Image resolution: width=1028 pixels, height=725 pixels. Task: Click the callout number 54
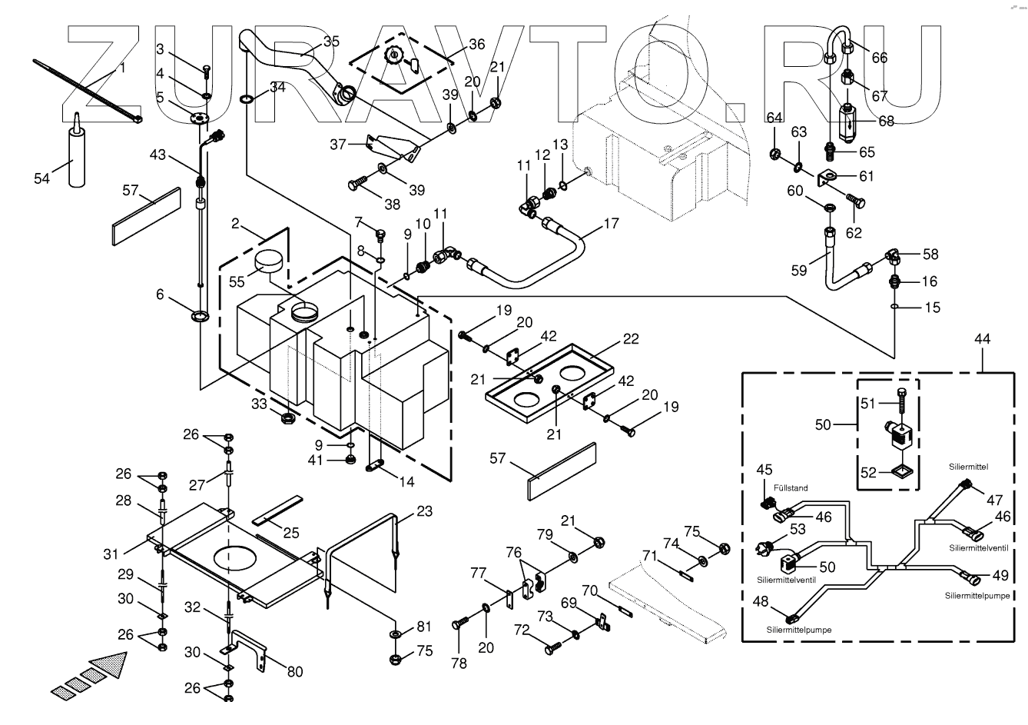point(42,178)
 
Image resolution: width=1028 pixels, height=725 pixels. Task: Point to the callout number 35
point(331,42)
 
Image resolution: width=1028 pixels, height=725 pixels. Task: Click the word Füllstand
point(791,487)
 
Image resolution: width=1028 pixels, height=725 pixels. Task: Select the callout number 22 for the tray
point(631,340)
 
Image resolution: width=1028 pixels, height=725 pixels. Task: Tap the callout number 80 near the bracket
point(295,671)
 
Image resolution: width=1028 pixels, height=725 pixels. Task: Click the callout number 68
point(887,121)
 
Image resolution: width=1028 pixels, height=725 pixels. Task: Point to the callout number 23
point(425,510)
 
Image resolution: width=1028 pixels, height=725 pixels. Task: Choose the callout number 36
point(476,45)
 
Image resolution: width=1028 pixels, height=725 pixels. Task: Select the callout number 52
point(867,474)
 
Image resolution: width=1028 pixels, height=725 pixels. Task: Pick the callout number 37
point(339,144)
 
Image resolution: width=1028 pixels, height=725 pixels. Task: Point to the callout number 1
point(121,68)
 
